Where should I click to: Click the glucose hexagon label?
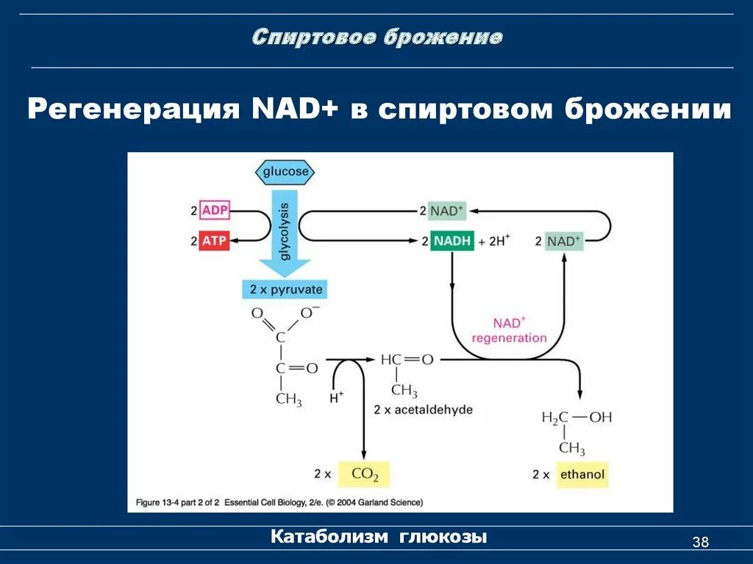pos(285,172)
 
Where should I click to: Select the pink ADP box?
pos(214,211)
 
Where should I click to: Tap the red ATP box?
pos(214,240)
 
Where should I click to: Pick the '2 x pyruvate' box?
pos(283,289)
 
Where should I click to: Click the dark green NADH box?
pos(452,240)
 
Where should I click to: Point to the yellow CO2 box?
pos(364,474)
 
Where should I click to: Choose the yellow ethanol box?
pos(582,474)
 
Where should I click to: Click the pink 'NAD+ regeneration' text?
pos(509,331)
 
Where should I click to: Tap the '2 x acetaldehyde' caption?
pos(423,410)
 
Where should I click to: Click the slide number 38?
pos(700,543)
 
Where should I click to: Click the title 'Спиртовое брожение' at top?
pos(377,38)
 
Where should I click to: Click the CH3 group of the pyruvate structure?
pos(288,399)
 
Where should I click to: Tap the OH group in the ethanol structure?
pos(600,418)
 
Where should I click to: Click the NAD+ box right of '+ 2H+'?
pos(563,241)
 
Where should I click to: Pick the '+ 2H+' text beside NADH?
pos(493,241)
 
